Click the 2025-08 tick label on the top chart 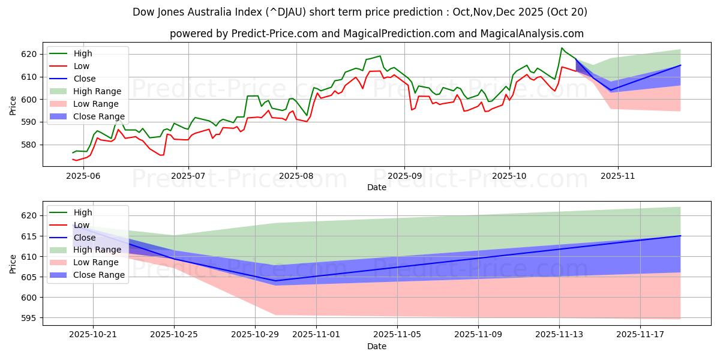296,176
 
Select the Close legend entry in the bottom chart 84,238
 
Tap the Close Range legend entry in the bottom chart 98,275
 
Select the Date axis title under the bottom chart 377,347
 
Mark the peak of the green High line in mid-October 562,48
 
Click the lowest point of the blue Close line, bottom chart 276,281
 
